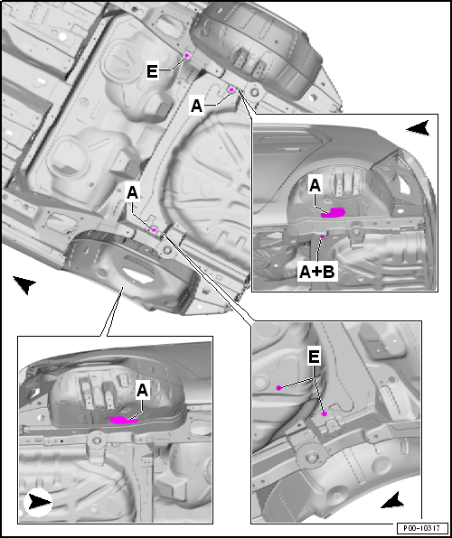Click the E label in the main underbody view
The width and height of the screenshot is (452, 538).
coord(152,71)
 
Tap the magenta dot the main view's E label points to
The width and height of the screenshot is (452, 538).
coord(187,55)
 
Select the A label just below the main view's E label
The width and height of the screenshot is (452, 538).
coord(196,106)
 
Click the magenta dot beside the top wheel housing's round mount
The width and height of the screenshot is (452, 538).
coord(231,90)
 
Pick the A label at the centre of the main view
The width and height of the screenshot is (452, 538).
coord(132,193)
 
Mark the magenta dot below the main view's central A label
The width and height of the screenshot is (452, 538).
coord(155,230)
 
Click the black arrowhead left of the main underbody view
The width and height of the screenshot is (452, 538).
coord(24,284)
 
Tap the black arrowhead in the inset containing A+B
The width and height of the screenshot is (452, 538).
coord(418,128)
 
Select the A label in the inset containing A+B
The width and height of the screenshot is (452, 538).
coord(315,186)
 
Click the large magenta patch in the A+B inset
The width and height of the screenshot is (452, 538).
coord(333,212)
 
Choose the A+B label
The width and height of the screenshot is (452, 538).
coord(317,272)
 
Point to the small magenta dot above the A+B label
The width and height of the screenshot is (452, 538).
coord(322,237)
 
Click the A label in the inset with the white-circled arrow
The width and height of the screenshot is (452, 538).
coord(142,391)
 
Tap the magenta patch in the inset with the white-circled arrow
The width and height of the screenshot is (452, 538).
coord(123,420)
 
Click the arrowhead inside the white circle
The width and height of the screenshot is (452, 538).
coord(39,503)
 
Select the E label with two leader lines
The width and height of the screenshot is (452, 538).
coord(314,357)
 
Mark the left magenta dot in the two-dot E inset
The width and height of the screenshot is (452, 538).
coord(278,388)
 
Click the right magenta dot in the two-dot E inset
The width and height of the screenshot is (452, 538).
coord(324,414)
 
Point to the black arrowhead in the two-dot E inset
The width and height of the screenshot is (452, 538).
coord(393,501)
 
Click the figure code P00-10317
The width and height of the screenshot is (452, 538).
coord(422,528)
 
